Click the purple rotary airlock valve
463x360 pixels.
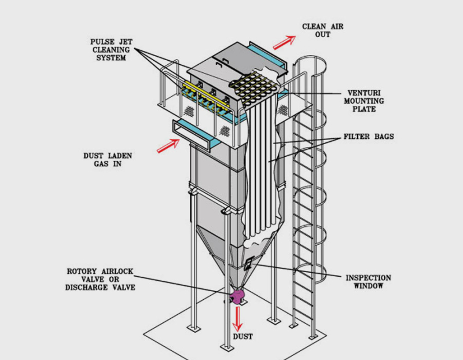(237, 297)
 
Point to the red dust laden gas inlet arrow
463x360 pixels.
(167, 146)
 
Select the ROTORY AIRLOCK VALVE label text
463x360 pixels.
(103, 278)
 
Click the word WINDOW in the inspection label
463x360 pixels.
(368, 286)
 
